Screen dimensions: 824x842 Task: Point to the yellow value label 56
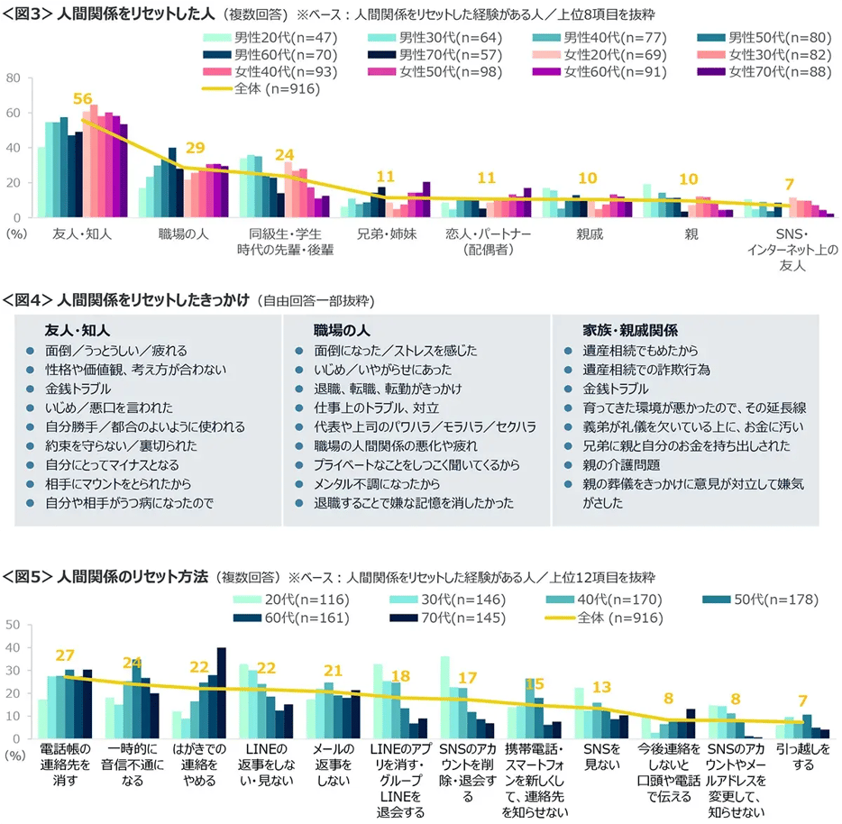pos(83,99)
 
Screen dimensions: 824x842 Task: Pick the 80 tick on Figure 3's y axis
pos(14,78)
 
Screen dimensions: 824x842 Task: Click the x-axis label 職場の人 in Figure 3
pos(184,233)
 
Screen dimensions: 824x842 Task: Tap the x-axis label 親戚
pos(590,233)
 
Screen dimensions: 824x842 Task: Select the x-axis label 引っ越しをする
pos(802,756)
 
